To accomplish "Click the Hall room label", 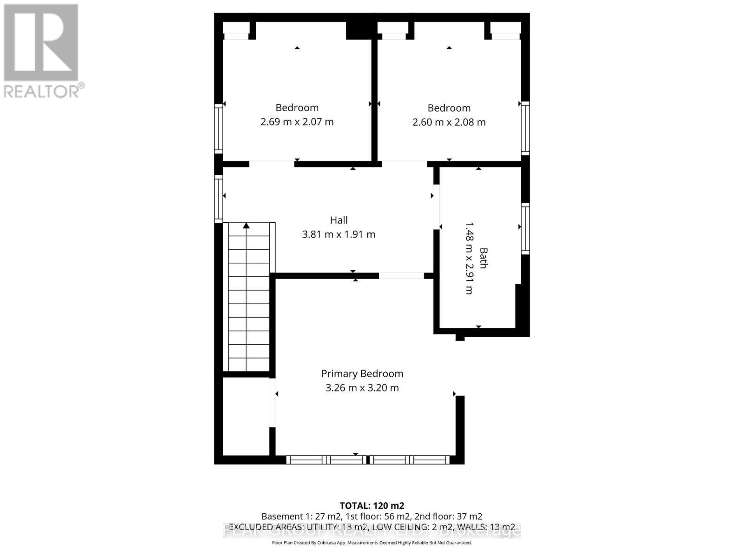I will (x=339, y=220).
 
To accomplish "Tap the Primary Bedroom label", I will (x=362, y=373).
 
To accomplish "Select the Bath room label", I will (x=484, y=258).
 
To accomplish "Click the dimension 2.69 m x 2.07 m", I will (x=297, y=122).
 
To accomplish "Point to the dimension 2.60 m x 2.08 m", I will (x=449, y=122).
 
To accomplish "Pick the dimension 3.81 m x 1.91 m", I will (x=339, y=234).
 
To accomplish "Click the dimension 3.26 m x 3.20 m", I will (x=362, y=388).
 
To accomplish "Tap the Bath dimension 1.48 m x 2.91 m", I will (x=469, y=258).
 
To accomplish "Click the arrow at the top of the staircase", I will (x=246, y=226).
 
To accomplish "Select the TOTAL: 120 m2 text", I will (x=372, y=505).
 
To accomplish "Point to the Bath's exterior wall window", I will (x=525, y=228).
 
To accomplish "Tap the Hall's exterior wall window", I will (x=218, y=199).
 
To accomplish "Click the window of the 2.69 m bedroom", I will (x=218, y=128).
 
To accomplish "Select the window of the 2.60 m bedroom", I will (x=525, y=128).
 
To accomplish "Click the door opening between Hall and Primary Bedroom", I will (x=401, y=276).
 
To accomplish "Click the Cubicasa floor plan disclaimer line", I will (x=372, y=543).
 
